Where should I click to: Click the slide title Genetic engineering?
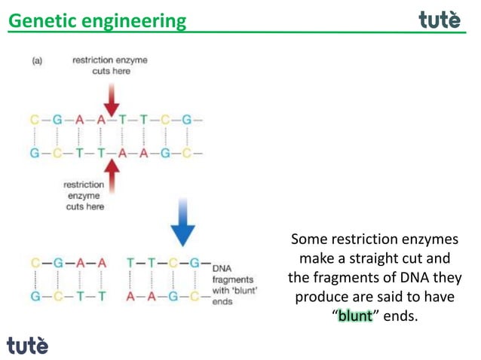click(97, 20)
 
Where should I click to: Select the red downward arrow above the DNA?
click(111, 98)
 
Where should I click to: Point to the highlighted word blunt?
click(355, 316)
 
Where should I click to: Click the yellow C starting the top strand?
click(35, 120)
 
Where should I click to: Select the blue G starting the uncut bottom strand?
click(35, 153)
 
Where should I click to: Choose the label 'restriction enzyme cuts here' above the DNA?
click(110, 65)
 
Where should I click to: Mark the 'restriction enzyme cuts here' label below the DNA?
click(83, 194)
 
